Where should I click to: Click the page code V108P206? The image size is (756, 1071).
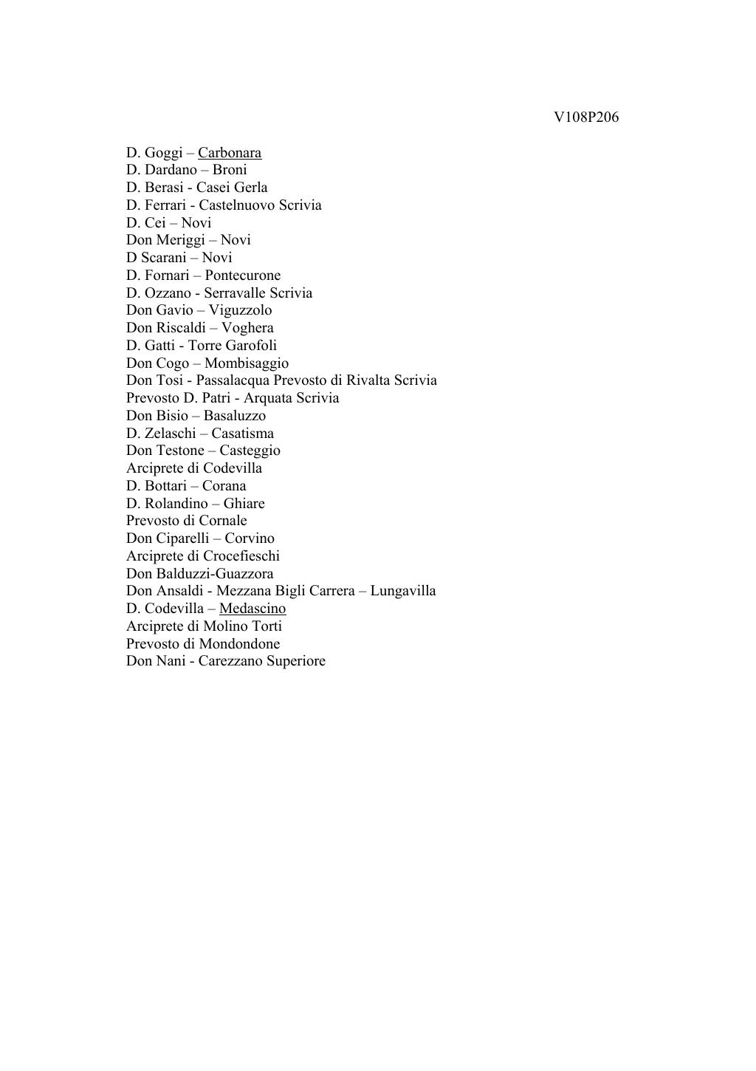pyautogui.click(x=585, y=117)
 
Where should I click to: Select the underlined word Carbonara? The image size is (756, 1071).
pyautogui.click(x=230, y=153)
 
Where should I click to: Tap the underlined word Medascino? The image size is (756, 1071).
pyautogui.click(x=252, y=609)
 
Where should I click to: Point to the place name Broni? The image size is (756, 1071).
pyautogui.click(x=230, y=170)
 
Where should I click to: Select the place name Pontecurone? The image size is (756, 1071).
pyautogui.click(x=243, y=276)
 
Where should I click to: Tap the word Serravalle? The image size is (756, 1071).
pyautogui.click(x=235, y=293)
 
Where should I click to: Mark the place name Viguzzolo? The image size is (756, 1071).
pyautogui.click(x=240, y=310)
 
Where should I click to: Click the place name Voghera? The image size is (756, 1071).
pyautogui.click(x=247, y=328)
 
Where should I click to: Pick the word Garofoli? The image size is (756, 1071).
pyautogui.click(x=251, y=346)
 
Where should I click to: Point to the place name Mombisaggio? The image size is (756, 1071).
pyautogui.click(x=247, y=363)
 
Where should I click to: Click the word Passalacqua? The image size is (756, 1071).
pyautogui.click(x=233, y=380)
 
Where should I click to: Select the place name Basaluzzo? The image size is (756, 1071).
pyautogui.click(x=235, y=416)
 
